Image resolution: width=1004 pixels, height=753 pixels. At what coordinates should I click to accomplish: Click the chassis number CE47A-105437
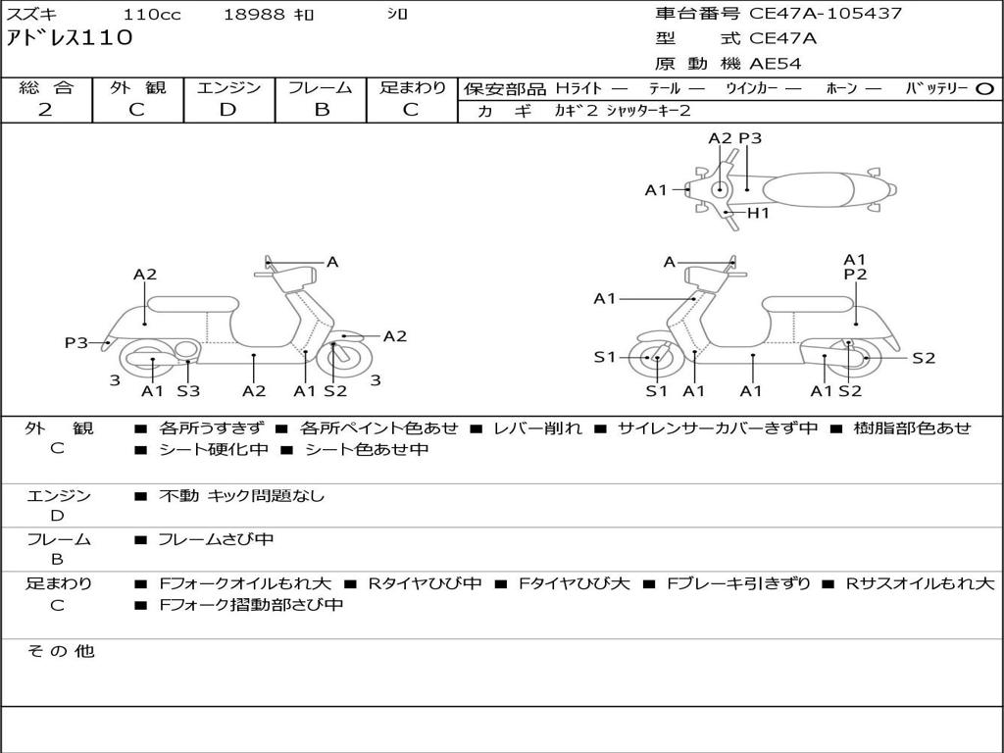pos(826,14)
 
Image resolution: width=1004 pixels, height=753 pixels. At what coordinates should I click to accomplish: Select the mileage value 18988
pos(255,15)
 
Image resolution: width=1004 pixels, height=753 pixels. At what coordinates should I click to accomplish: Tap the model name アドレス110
pos(70,38)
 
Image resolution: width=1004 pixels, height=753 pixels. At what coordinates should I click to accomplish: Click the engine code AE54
pos(776,65)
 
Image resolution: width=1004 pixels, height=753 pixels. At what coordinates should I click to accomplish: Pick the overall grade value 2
pos(45,110)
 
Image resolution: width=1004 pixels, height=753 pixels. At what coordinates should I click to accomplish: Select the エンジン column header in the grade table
pos(228,87)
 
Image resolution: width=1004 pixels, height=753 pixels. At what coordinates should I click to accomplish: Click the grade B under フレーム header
pos(322,110)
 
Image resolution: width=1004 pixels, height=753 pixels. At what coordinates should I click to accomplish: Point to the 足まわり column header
pos(413,87)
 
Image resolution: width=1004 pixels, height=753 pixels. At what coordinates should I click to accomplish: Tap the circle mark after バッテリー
pos(984,88)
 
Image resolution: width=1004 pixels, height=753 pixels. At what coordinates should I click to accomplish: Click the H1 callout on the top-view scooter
pos(758,213)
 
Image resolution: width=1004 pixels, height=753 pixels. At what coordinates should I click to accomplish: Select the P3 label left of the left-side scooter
pos(75,343)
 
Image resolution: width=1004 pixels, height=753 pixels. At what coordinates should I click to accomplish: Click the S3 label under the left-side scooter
pos(188,391)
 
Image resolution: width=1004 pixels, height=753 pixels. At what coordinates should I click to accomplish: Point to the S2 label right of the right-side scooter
pos(924,358)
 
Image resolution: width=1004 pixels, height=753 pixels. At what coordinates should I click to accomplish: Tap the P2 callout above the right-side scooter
pos(855,276)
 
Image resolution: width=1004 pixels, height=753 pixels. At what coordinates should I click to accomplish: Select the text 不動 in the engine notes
pos(179,496)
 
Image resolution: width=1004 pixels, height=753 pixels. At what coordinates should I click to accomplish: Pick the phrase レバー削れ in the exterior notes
pos(537,428)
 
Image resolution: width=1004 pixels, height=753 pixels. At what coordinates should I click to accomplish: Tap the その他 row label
pos(60,651)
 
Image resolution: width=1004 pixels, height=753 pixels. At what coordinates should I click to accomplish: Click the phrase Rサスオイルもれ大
pos(920,583)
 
